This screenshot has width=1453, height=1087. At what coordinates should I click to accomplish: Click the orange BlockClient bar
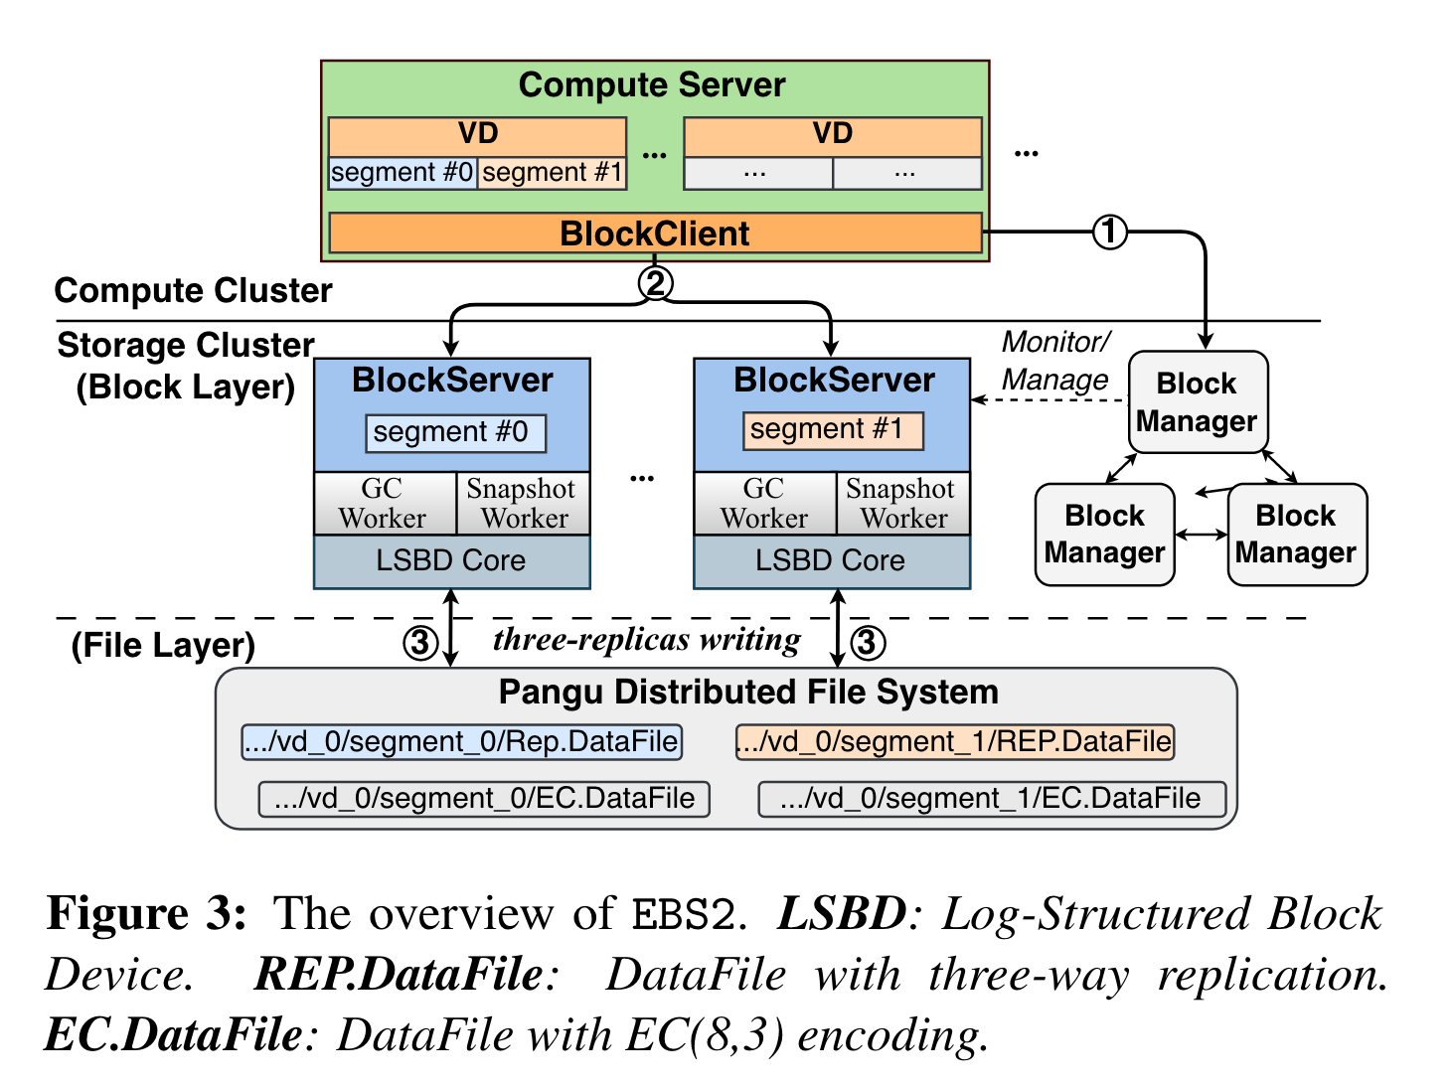(655, 233)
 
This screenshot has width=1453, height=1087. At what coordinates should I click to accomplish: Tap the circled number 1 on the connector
(1109, 233)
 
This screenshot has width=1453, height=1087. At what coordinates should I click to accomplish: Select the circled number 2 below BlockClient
(654, 283)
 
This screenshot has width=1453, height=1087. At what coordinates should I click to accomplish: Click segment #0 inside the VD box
(403, 173)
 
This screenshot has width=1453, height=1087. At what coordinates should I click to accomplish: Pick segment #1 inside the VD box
(552, 173)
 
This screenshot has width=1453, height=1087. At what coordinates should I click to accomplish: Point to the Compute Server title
(652, 85)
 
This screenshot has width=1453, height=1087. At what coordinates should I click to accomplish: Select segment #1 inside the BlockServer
(833, 429)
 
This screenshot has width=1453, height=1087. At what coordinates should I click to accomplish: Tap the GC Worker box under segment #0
(384, 504)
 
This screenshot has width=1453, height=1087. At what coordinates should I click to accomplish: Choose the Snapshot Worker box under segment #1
(902, 504)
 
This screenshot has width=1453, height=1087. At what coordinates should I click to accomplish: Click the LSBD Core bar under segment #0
(451, 561)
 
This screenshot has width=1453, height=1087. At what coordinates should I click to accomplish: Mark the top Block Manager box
(1198, 402)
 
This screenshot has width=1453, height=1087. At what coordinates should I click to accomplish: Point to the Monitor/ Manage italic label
(1054, 361)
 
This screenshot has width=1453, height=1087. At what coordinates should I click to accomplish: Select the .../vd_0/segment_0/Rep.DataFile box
(462, 742)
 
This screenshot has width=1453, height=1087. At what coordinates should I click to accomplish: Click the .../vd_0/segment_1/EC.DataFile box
(992, 799)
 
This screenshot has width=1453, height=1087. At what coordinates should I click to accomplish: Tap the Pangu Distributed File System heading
(748, 693)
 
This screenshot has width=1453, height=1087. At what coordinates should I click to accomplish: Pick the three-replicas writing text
(647, 640)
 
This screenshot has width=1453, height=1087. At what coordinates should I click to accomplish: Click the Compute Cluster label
(194, 291)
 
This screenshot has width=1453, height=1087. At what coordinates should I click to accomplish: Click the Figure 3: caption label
(147, 913)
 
